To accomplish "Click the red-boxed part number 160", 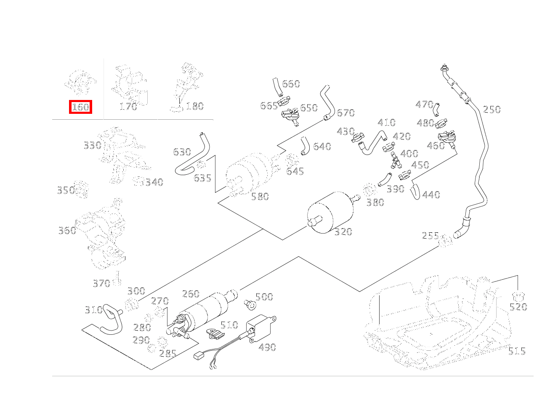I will tap(80, 107).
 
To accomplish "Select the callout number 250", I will tap(492, 110).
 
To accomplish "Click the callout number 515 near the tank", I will tap(516, 351).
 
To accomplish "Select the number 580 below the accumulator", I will tap(260, 197).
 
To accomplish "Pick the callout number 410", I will tap(386, 123).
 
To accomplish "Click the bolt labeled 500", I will tap(249, 303).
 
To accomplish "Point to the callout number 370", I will tap(101, 284).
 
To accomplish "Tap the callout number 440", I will tap(430, 195).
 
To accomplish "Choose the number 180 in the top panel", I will tap(194, 106).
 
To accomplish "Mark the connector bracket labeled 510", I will tap(215, 334).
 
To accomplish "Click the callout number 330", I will tap(92, 146).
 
